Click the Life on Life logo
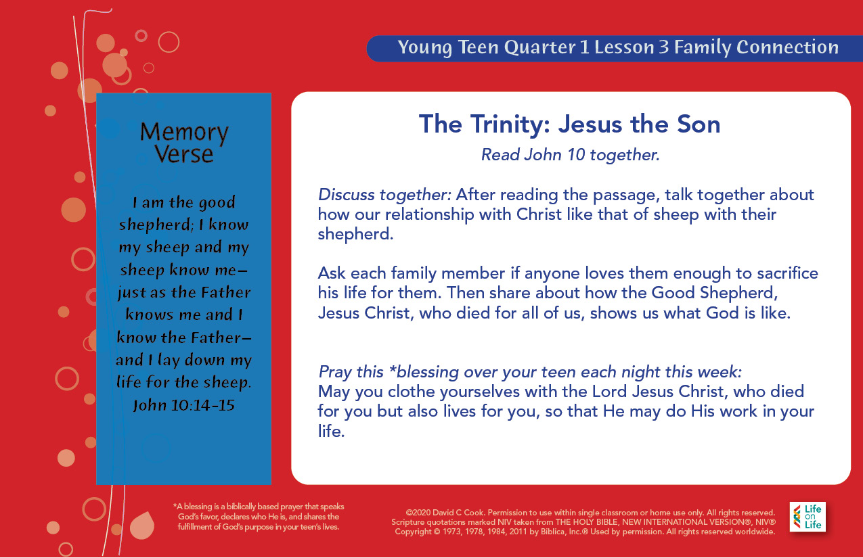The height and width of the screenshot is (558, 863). tap(807, 517)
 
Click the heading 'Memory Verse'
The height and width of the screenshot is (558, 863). tap(184, 143)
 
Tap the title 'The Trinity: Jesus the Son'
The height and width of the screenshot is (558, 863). tap(570, 124)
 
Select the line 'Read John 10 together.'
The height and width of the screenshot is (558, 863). tap(571, 155)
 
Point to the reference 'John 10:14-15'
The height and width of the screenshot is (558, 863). tap(184, 405)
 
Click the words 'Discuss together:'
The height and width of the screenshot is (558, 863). tap(384, 195)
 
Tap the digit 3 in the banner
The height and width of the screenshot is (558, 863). tap(663, 47)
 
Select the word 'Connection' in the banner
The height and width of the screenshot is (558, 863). tap(787, 47)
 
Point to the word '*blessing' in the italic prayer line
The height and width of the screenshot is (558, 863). tap(424, 372)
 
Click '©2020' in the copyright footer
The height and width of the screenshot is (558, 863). tap(418, 513)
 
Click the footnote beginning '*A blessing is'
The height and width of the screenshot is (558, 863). tap(259, 517)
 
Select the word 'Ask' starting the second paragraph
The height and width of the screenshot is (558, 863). tap(332, 273)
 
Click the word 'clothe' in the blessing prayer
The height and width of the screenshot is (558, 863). tap(412, 392)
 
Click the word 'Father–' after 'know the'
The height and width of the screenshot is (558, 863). tap(221, 338)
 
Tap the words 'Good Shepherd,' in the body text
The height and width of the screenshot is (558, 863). tap(715, 294)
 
